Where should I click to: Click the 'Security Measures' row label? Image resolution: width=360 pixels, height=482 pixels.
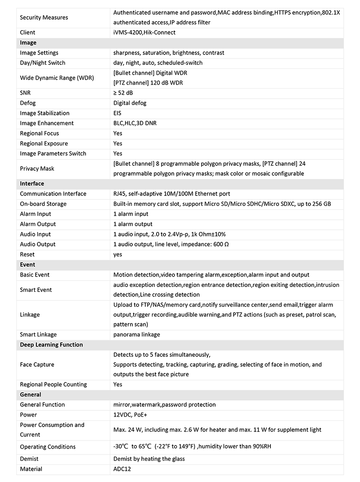coord(44,18)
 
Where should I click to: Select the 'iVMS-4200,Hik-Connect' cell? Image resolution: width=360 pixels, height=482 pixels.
coord(144,32)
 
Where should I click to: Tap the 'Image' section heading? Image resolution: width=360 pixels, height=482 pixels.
coord(28,43)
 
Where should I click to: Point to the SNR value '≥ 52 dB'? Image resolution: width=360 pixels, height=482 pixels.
coord(123,93)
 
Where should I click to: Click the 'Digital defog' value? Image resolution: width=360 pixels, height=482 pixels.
coord(130,103)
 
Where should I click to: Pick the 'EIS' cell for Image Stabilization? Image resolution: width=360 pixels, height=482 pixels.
coord(117,113)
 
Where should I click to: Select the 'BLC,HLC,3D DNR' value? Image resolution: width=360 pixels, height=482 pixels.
coord(135,123)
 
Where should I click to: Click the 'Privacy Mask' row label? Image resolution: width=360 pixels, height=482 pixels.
coord(37,168)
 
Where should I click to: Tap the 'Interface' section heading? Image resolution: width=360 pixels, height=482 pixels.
coord(32,184)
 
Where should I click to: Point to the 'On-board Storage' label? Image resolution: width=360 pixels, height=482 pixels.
coord(43,204)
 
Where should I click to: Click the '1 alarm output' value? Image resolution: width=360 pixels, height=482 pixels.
coord(133,224)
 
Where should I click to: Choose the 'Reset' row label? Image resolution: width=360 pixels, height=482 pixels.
coord(27,255)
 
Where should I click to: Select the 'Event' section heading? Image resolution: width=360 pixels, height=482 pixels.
coord(27,264)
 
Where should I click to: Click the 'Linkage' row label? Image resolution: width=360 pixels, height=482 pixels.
coord(30,314)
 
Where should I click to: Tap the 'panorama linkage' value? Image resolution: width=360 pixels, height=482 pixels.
coord(136,335)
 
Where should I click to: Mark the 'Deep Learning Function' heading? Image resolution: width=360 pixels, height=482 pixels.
coord(51,345)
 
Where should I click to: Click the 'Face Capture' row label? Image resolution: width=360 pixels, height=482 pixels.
coord(37,364)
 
